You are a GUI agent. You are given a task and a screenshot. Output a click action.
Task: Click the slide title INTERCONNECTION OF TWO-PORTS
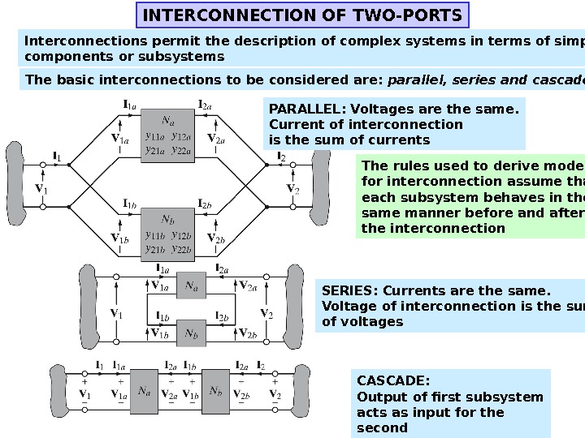tap(301, 15)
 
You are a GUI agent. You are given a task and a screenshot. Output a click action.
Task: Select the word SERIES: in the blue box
tap(350, 291)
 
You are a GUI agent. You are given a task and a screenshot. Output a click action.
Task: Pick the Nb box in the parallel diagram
tap(167, 234)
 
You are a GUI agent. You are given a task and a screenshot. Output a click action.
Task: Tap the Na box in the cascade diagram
tap(144, 390)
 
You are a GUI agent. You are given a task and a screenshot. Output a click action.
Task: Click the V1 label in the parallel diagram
tap(40, 189)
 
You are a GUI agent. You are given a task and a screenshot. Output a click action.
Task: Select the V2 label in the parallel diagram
tap(292, 189)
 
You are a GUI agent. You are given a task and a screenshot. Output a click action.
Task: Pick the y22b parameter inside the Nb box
tap(181, 248)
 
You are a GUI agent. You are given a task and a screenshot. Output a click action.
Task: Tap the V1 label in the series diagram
tap(115, 313)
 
